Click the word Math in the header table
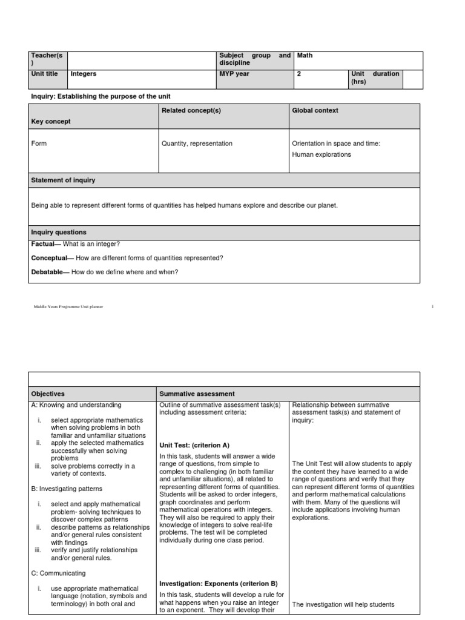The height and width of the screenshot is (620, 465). click(305, 56)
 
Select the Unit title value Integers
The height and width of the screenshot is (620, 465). click(84, 74)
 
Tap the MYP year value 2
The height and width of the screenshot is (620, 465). click(298, 74)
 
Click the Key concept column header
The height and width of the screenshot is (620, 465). click(51, 122)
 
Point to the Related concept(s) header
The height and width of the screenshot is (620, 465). click(190, 110)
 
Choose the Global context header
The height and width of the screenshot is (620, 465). click(315, 110)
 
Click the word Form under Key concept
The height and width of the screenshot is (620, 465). click(39, 144)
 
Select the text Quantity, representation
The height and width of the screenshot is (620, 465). click(197, 144)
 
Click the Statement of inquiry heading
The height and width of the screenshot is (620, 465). click(63, 180)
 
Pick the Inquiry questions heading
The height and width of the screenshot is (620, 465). click(59, 232)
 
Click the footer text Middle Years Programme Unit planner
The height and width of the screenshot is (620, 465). click(68, 307)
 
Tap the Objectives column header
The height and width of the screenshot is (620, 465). click(48, 394)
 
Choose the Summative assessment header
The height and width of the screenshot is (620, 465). click(197, 394)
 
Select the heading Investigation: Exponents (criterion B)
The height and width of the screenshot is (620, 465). click(218, 584)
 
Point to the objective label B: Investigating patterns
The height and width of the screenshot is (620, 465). click(67, 489)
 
